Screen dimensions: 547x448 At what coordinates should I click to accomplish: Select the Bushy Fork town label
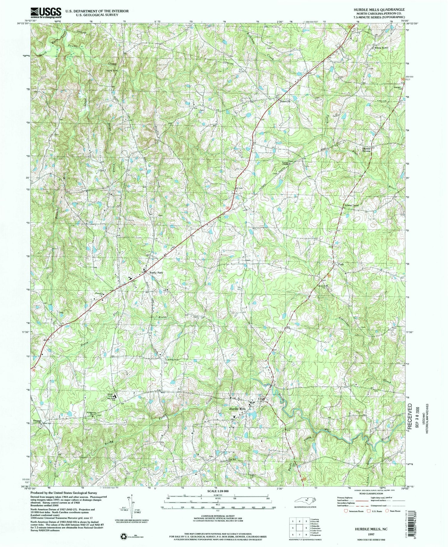click(156, 273)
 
